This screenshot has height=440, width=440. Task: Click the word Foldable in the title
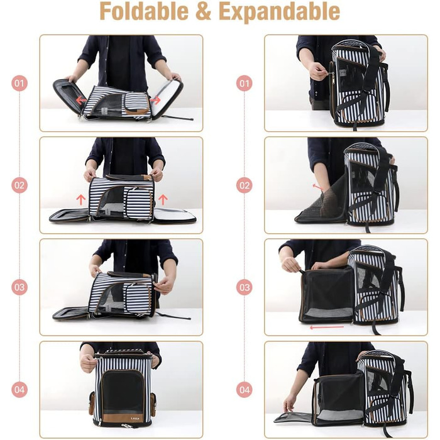click(x=144, y=11)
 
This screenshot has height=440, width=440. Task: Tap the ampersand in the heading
click(x=203, y=12)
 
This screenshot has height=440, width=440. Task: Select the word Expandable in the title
click(x=279, y=13)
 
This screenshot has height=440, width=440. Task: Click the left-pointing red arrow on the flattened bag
click(x=81, y=99)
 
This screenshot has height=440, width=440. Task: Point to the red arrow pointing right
click(x=155, y=100)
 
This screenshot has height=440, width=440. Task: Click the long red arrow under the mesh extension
click(x=327, y=327)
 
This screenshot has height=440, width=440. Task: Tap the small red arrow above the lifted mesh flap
click(x=319, y=187)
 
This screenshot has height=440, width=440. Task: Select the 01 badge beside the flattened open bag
click(x=19, y=84)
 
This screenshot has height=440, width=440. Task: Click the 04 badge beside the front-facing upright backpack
click(x=19, y=390)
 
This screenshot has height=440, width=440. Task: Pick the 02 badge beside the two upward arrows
click(x=19, y=185)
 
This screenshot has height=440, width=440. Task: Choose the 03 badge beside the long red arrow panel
click(x=244, y=288)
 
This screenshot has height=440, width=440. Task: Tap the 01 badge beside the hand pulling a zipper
click(x=244, y=84)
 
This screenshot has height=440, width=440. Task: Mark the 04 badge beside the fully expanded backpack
click(x=244, y=390)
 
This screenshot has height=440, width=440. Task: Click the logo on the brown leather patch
click(x=135, y=419)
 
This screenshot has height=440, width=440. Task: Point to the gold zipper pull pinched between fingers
click(x=333, y=76)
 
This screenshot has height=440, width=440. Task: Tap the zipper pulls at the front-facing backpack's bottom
click(x=126, y=426)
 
